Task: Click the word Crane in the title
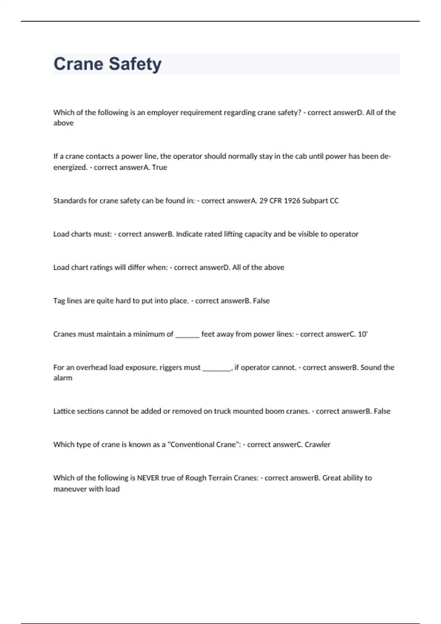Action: coord(78,64)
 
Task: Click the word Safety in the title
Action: coord(135,64)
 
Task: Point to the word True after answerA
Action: coord(159,167)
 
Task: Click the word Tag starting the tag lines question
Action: coord(59,301)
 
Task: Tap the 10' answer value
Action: coord(362,334)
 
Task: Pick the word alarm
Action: coord(63,378)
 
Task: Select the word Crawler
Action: coord(318,445)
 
